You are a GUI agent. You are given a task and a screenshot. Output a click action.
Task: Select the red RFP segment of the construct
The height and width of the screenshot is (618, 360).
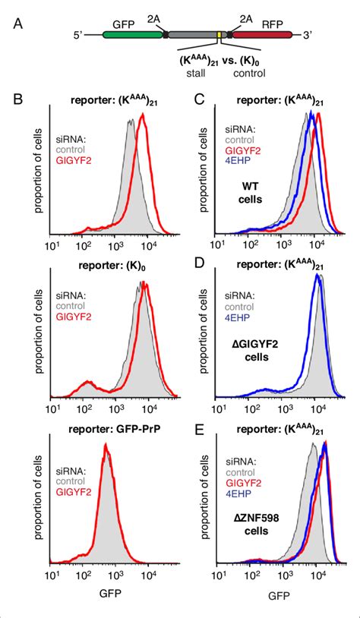(x=257, y=35)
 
